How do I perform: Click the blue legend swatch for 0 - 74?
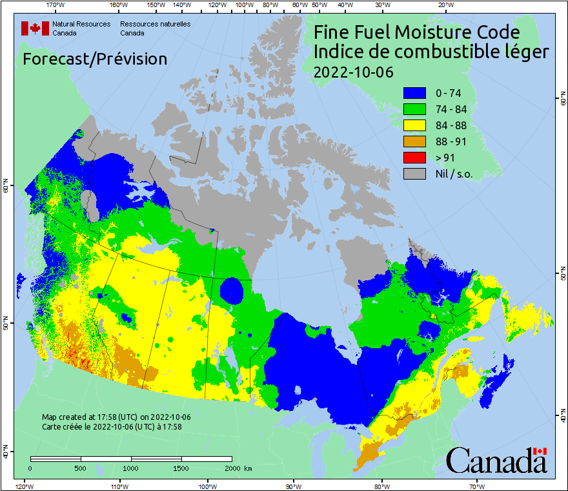pyautogui.click(x=414, y=93)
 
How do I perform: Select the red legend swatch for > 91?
pyautogui.click(x=414, y=158)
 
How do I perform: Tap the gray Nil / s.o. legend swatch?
pyautogui.click(x=414, y=174)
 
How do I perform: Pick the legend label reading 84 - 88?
pyautogui.click(x=452, y=125)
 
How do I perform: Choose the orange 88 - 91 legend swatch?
pyautogui.click(x=414, y=141)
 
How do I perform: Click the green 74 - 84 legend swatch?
pyautogui.click(x=414, y=109)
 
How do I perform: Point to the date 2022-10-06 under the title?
pyautogui.click(x=353, y=72)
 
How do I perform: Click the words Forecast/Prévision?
pyautogui.click(x=95, y=59)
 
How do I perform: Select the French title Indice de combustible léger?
pyautogui.click(x=431, y=52)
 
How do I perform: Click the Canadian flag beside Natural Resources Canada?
pyautogui.click(x=35, y=28)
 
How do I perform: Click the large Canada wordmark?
pyautogui.click(x=496, y=461)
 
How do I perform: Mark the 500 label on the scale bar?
pyautogui.click(x=81, y=468)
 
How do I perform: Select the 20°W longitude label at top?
pyautogui.click(x=445, y=5)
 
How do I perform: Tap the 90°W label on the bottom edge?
pyautogui.click(x=294, y=485)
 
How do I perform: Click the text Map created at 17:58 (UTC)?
pyautogui.click(x=116, y=417)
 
